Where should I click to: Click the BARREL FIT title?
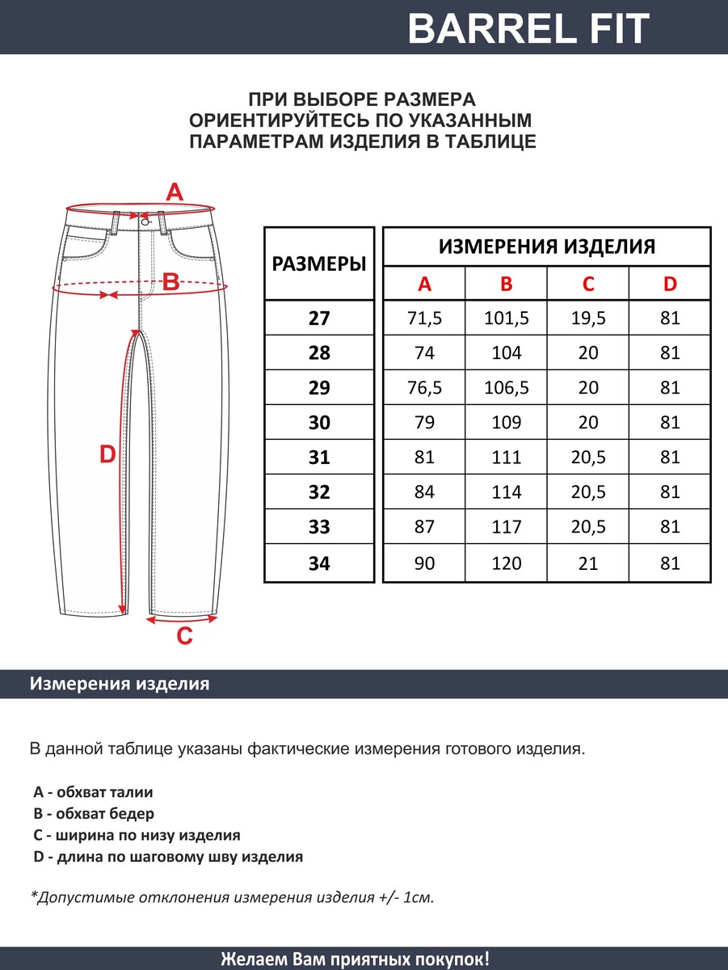coord(528,29)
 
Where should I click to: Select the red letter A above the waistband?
coord(175,193)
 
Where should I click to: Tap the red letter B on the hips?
coord(171,282)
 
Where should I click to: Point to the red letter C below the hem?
coord(185,637)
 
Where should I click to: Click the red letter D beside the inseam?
coord(107,455)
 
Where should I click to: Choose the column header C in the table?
coord(588,284)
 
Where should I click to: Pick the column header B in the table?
coord(507,284)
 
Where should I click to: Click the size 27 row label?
coord(319,318)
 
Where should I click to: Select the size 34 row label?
coord(319,563)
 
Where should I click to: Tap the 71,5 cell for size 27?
coord(424,318)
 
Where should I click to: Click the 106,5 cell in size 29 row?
coord(507,388)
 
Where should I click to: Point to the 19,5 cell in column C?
coord(588,318)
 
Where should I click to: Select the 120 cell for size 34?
coord(507,563)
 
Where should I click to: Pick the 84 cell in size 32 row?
coord(424,492)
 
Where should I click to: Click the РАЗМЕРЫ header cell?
coord(319,264)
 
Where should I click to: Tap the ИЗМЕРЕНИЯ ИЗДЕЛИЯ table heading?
coord(547,247)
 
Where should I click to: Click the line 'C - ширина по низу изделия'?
coord(137,836)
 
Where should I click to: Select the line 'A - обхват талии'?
coord(94,792)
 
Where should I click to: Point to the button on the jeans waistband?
coord(145,221)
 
